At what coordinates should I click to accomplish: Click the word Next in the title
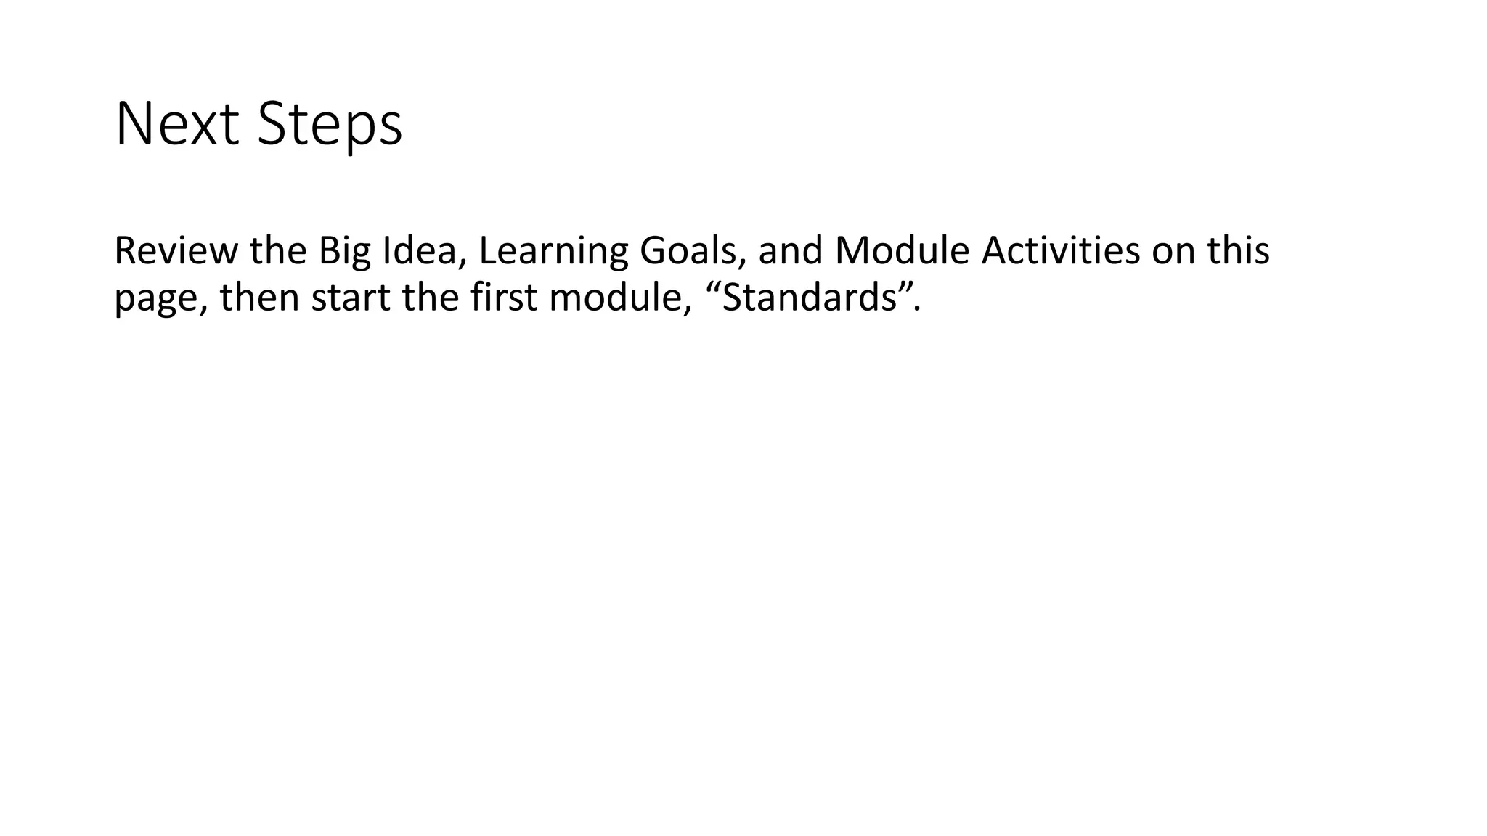point(176,125)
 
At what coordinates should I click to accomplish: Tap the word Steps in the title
point(330,125)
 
